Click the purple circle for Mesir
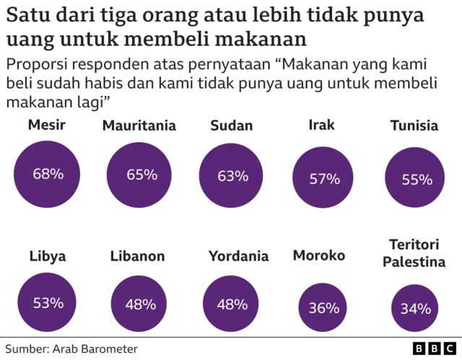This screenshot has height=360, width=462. (48, 174)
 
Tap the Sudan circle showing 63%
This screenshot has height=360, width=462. (232, 175)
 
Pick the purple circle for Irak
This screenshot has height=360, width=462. (324, 179)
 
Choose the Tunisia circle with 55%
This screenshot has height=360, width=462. (417, 180)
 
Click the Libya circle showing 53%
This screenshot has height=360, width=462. (48, 303)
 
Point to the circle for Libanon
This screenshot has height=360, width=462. (140, 304)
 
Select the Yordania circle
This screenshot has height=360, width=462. (232, 304)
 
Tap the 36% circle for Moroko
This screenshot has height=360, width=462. (323, 308)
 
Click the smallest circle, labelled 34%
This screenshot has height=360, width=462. (416, 309)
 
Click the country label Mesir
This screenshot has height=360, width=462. (47, 126)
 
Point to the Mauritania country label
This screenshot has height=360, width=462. (139, 126)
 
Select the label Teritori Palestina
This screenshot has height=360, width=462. (417, 253)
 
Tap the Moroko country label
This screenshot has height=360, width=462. (319, 255)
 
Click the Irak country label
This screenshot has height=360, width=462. (321, 126)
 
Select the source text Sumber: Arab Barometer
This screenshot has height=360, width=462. (71, 348)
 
